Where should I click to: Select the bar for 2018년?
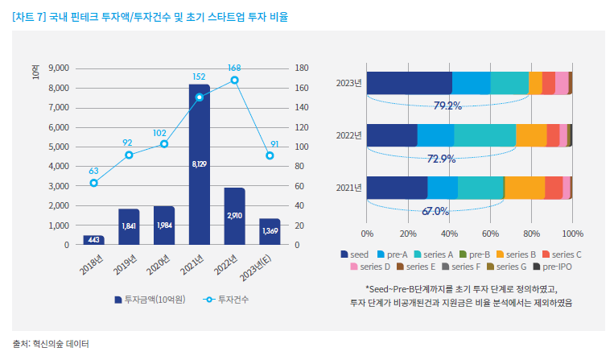tap(93, 239)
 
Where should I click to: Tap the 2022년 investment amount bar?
tap(234, 216)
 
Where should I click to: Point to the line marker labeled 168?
tap(234, 80)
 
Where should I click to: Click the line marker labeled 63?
tap(93, 183)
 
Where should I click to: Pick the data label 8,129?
tap(199, 164)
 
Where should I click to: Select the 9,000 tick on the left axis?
tap(60, 68)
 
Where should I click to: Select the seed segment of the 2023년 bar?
tap(409, 83)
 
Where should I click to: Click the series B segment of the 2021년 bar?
tap(525, 187)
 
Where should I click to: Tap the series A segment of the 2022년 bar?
tap(485, 135)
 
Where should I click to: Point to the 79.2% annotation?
tap(447, 106)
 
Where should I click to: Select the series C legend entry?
tap(562, 254)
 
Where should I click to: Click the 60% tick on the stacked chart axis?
tap(490, 234)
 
